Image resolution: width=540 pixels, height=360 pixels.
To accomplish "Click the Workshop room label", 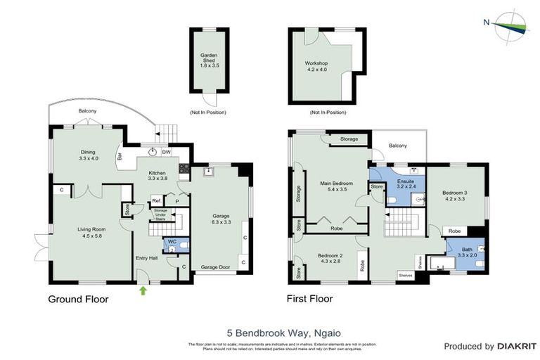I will pyautogui.click(x=327, y=67).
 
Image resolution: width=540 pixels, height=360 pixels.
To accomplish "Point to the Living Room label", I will pyautogui.click(x=91, y=231).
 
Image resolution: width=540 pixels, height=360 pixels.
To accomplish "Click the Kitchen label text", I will pyautogui.click(x=157, y=176).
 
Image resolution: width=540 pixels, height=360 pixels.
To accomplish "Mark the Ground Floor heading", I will pyautogui.click(x=78, y=299).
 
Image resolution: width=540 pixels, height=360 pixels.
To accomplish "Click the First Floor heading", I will pyautogui.click(x=309, y=299).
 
